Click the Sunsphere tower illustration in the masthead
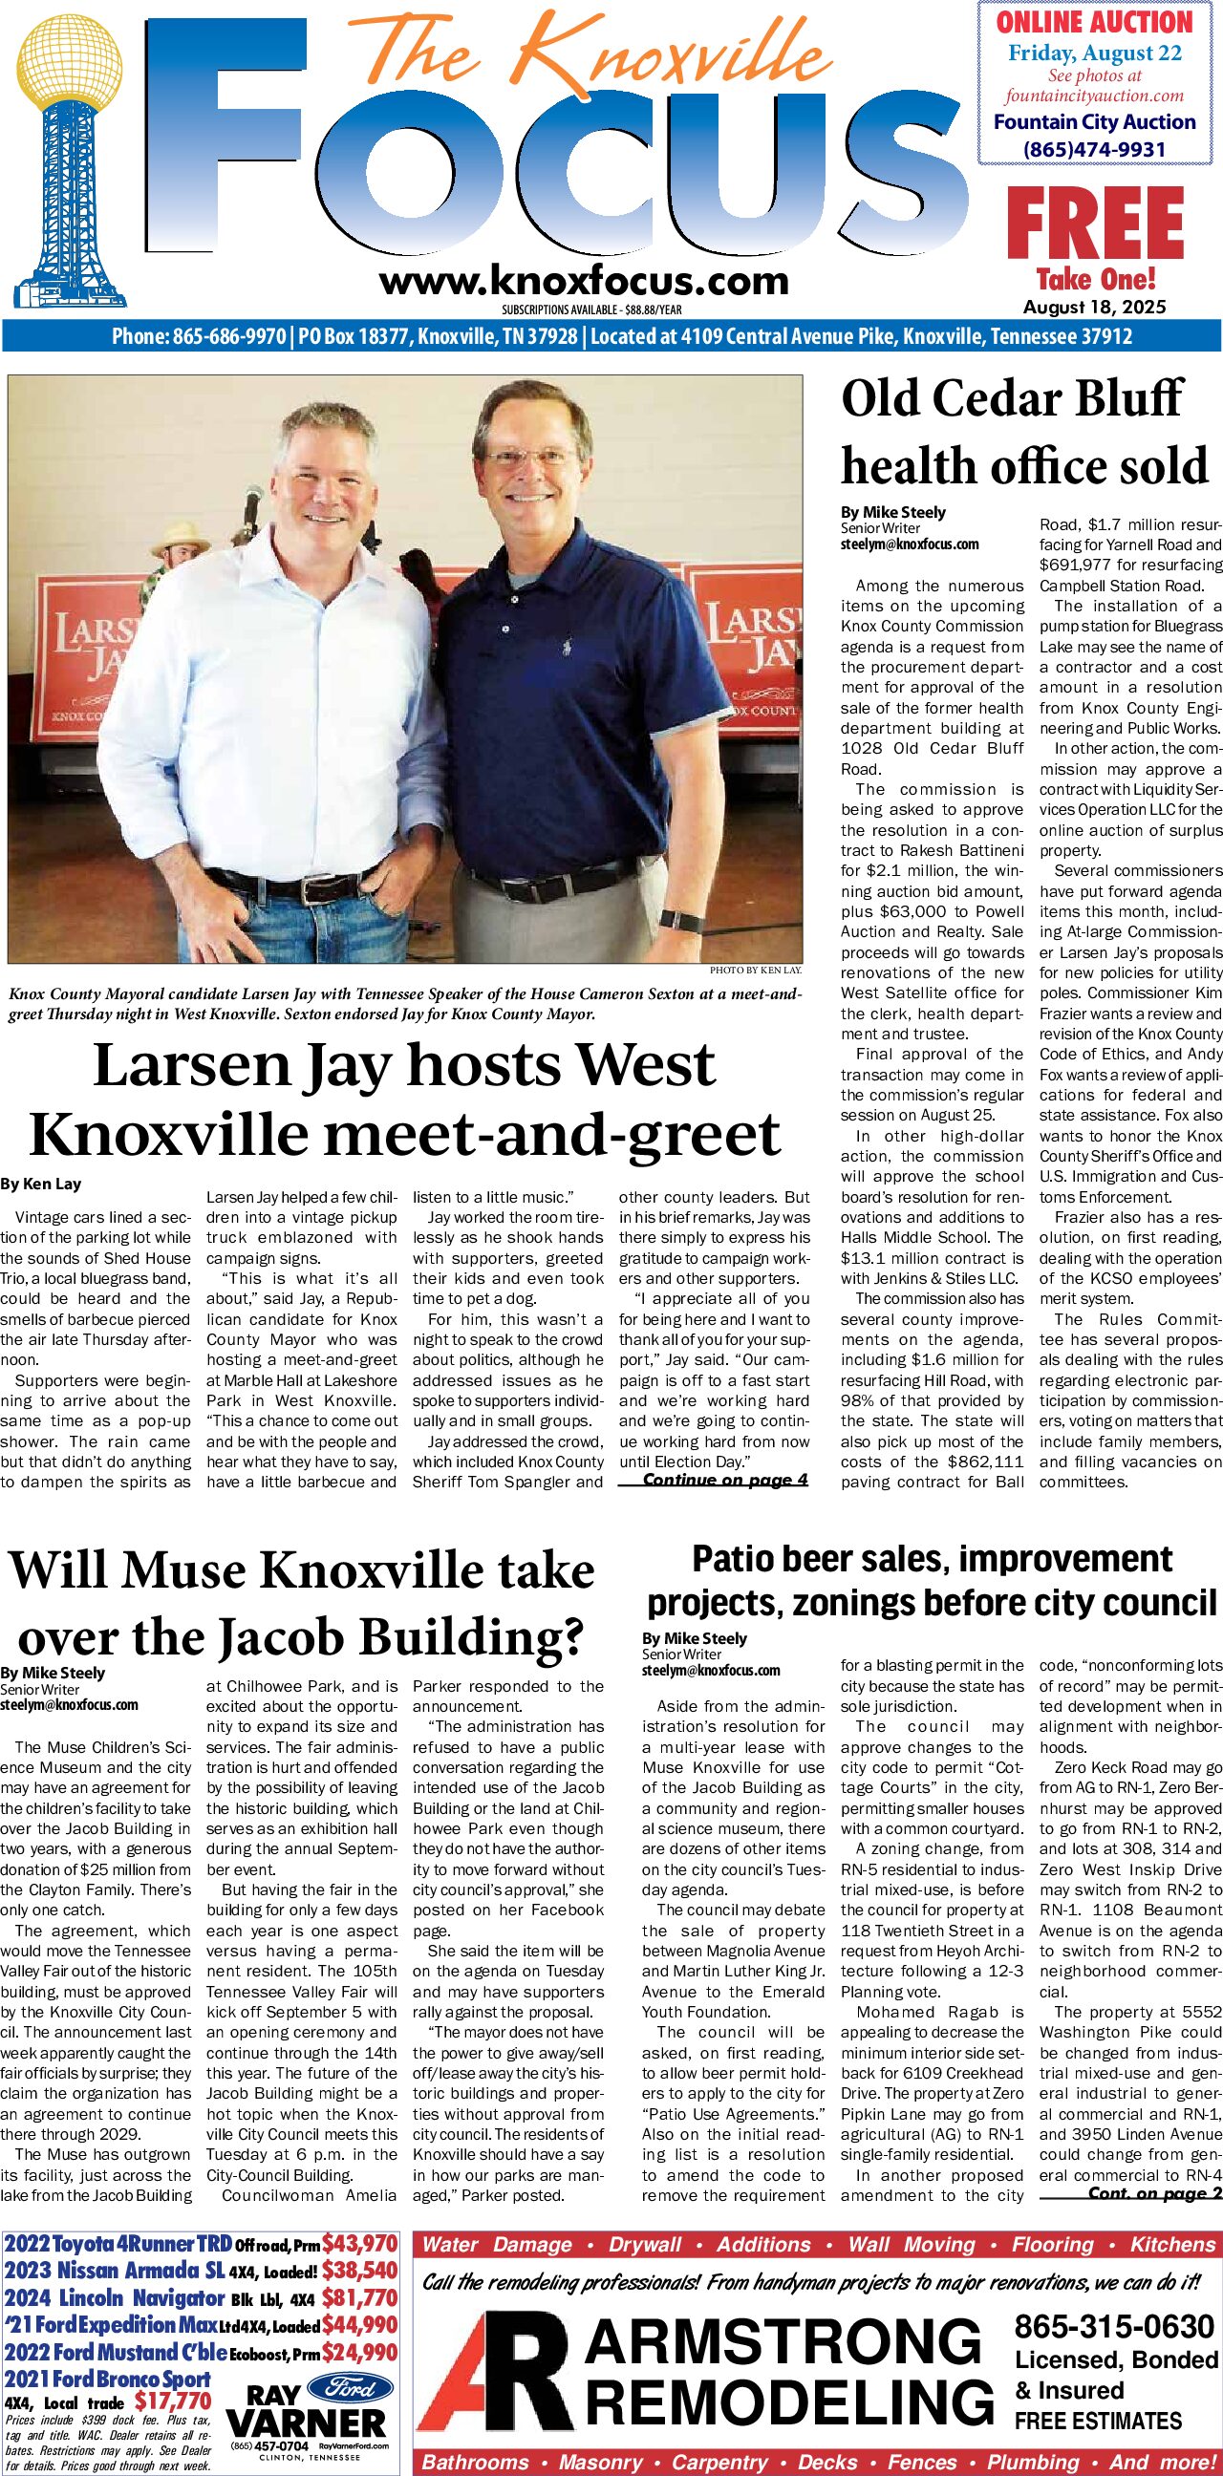click(70, 163)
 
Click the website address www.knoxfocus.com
click(584, 282)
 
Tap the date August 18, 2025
click(1094, 307)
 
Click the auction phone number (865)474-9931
click(1094, 150)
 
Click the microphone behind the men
click(253, 499)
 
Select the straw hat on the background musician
click(180, 533)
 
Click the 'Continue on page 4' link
click(725, 1480)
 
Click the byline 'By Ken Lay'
click(40, 1185)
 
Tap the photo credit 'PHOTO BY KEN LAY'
click(755, 971)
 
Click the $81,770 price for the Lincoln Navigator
click(359, 2298)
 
